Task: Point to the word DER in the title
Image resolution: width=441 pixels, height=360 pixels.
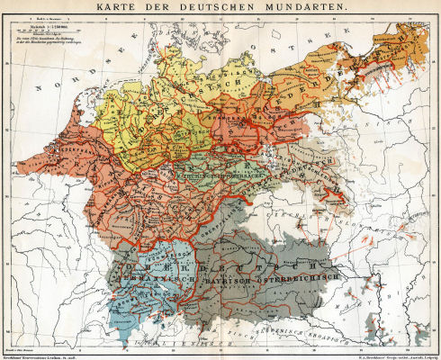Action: (183, 9)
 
